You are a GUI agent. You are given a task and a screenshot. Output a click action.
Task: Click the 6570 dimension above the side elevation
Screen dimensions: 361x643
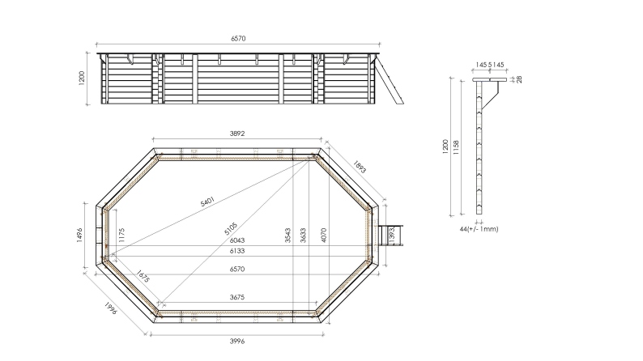click(x=239, y=38)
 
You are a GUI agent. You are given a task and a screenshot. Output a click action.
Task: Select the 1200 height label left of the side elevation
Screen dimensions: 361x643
click(x=83, y=80)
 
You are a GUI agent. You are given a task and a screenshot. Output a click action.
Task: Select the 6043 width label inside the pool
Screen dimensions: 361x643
click(x=238, y=240)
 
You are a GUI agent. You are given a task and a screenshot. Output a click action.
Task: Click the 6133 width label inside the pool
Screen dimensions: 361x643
click(x=238, y=253)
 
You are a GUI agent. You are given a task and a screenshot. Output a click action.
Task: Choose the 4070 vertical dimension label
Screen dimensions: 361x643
click(x=324, y=235)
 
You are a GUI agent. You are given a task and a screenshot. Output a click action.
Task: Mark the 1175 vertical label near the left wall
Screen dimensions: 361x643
click(x=121, y=236)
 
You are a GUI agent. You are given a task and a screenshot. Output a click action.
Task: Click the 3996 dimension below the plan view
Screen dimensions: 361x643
click(x=237, y=341)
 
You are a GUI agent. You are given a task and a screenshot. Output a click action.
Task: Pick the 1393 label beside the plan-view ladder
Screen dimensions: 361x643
click(x=392, y=235)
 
